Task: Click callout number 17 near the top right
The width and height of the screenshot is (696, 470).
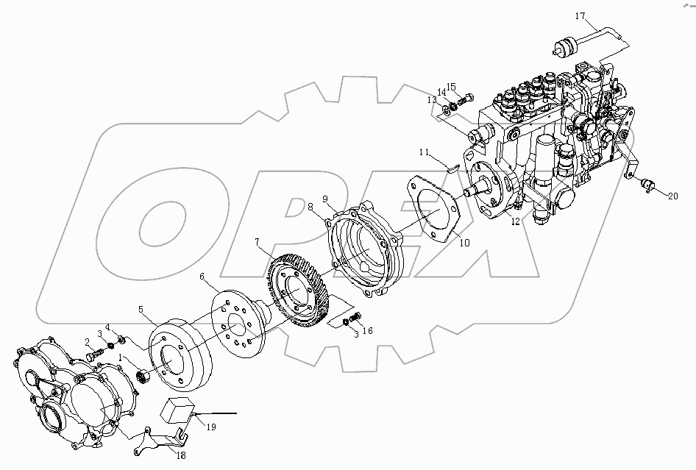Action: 580,15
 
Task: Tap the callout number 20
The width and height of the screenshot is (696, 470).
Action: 672,195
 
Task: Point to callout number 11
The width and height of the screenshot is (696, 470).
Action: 424,152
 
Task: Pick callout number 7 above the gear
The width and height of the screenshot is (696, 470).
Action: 258,241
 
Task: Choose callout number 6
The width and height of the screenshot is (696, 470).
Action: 201,277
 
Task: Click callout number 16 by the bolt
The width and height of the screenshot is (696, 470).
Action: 367,331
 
